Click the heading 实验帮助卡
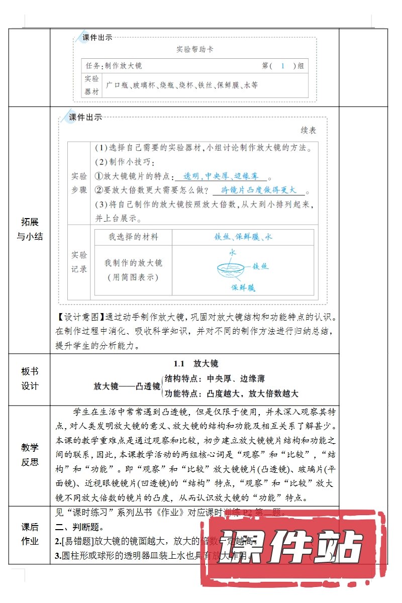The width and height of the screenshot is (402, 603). (195, 50)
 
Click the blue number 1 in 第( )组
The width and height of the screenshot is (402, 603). (283, 66)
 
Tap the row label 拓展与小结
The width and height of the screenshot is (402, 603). (29, 229)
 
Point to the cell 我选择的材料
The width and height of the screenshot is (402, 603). (133, 237)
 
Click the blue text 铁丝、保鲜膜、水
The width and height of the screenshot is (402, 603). (243, 237)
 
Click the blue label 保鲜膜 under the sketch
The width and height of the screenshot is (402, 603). (243, 288)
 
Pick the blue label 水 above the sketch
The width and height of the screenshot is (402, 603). (232, 253)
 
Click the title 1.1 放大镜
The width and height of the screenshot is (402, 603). (195, 363)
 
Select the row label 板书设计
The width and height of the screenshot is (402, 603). (29, 378)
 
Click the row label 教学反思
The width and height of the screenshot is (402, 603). (29, 454)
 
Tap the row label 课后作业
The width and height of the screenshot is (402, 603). (29, 534)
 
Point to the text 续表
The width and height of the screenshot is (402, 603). (308, 130)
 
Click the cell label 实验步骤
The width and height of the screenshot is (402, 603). (79, 183)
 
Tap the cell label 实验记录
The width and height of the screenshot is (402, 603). (79, 262)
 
